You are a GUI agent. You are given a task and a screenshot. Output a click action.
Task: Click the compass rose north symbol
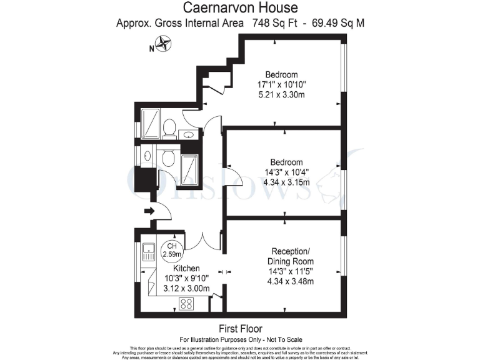point(164,44)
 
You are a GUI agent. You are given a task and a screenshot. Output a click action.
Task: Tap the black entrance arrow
point(149,211)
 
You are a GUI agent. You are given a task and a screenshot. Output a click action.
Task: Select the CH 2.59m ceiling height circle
point(172,251)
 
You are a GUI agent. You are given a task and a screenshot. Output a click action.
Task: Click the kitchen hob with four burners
point(186,303)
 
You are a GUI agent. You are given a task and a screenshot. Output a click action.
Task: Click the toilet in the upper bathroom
point(168,128)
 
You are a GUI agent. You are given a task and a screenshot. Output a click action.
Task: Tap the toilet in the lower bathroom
point(167,159)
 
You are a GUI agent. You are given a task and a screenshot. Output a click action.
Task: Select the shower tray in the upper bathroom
point(151,123)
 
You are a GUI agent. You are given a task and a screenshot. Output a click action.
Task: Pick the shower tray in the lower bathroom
point(189,167)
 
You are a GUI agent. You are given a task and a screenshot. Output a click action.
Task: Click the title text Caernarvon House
point(240,8)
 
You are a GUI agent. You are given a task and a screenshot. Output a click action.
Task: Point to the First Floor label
point(240,328)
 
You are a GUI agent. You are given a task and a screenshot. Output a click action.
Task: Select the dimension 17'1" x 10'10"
point(281,84)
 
